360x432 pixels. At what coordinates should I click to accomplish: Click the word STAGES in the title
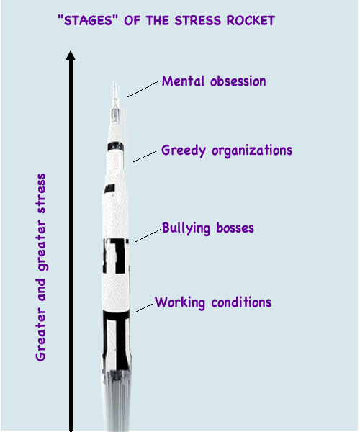tap(88, 21)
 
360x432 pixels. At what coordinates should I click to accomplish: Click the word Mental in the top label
tap(183, 81)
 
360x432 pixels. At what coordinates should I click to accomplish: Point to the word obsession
tap(238, 81)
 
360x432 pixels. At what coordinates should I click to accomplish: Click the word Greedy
tap(184, 151)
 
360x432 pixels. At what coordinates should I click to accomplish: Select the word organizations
tap(252, 150)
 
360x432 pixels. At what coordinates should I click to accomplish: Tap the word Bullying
tap(186, 228)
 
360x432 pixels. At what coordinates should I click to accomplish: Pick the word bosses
tap(235, 228)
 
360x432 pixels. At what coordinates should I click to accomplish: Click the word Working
tap(180, 303)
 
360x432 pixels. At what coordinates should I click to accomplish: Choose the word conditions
tap(241, 302)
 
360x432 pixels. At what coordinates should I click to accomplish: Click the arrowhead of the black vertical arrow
tap(71, 55)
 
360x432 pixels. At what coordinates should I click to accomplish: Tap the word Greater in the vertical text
tap(41, 335)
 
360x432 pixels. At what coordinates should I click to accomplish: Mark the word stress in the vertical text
tap(41, 194)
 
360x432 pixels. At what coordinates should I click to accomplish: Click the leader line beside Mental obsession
tap(143, 89)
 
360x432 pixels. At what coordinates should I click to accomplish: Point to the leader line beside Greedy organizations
tap(145, 156)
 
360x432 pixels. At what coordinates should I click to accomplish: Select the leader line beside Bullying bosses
tap(148, 236)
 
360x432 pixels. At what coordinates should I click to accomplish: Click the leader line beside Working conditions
tap(143, 308)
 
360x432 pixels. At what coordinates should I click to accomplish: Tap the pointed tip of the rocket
tap(114, 82)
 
